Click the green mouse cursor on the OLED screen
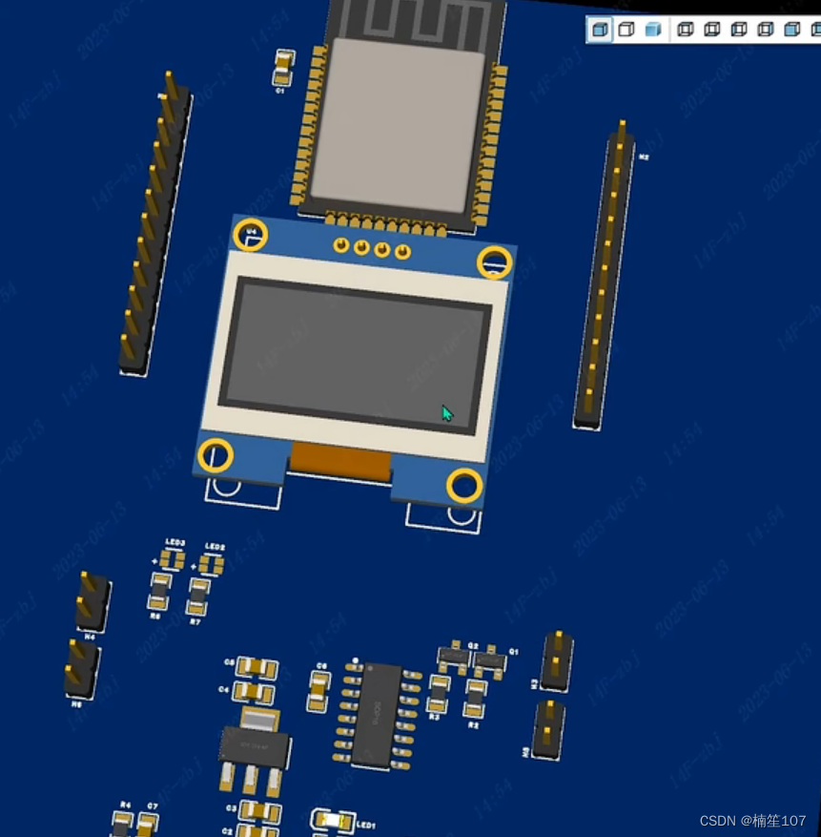(x=446, y=413)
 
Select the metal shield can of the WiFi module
(x=400, y=124)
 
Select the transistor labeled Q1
(x=490, y=659)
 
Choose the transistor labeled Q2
(x=454, y=658)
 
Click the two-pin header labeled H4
(x=92, y=601)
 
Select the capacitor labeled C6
(x=318, y=690)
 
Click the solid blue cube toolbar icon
(x=653, y=30)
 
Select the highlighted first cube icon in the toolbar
(x=600, y=30)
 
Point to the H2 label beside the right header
(x=644, y=156)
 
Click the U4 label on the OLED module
(x=252, y=218)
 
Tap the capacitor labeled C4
(x=255, y=690)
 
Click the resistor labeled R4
(x=122, y=824)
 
